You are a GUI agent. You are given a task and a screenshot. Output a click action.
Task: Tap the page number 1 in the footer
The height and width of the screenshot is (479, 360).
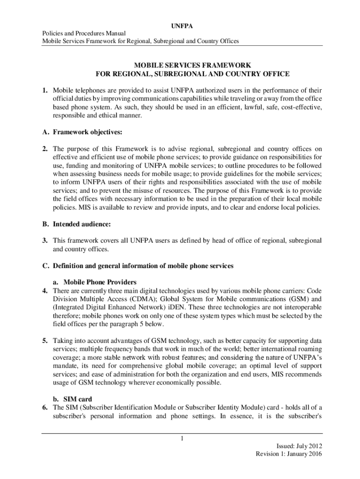click(180, 438)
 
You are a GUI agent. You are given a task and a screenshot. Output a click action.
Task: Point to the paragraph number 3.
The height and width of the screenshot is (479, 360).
click(45, 240)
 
